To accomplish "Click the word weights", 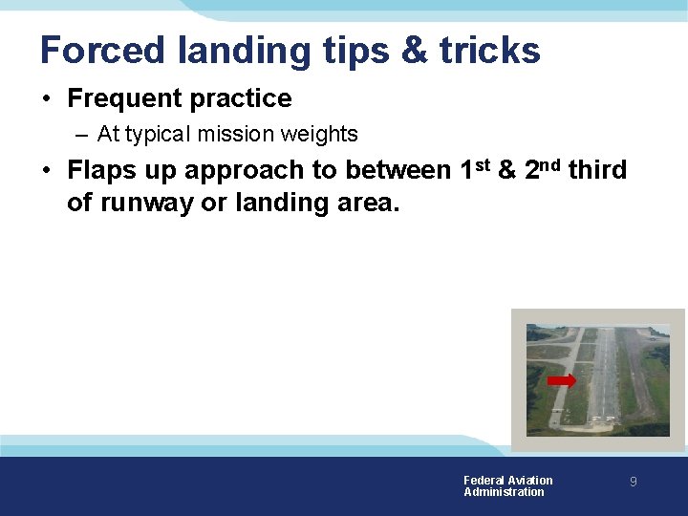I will [x=318, y=135].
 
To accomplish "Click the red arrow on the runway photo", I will [x=562, y=381].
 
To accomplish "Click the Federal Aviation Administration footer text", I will [x=507, y=486].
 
